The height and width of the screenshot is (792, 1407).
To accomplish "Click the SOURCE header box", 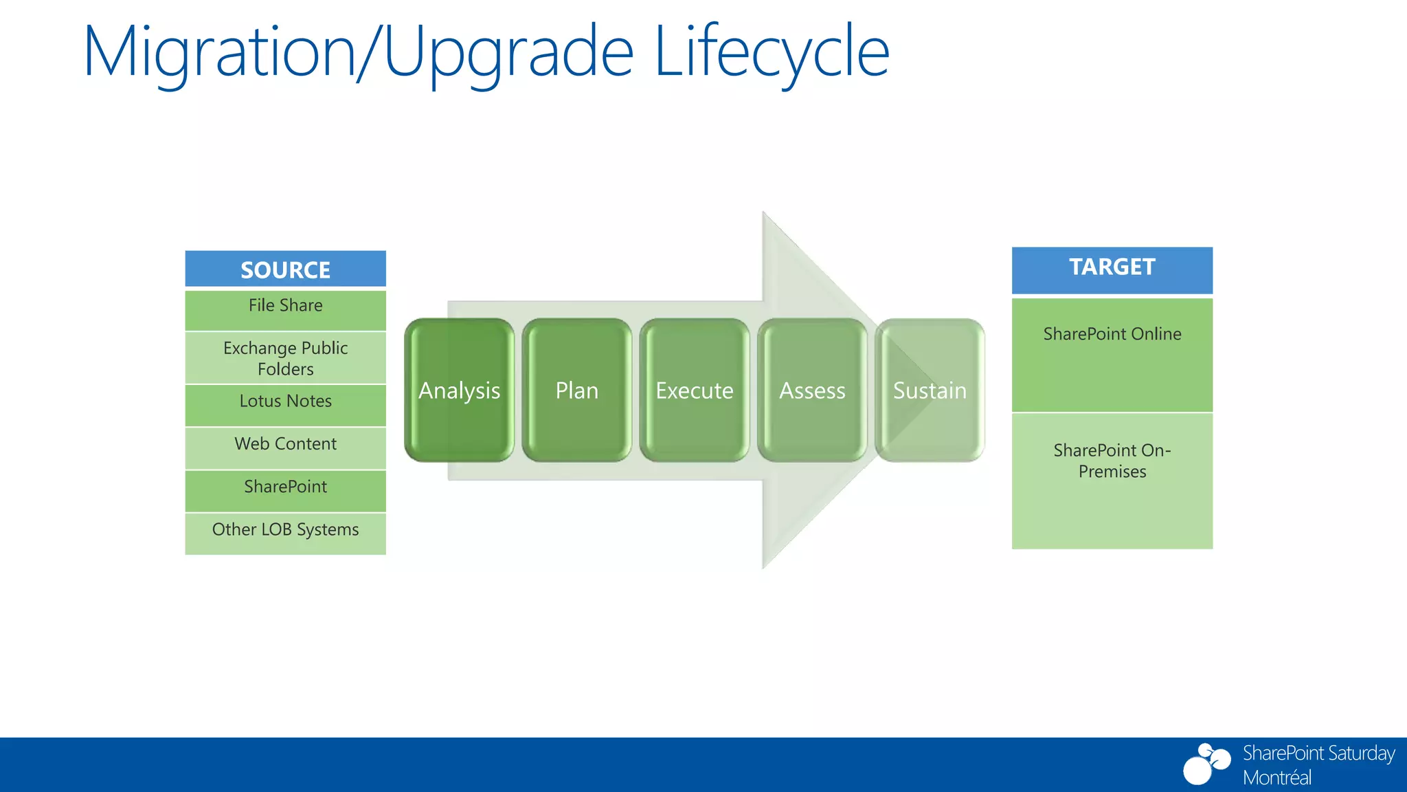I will pyautogui.click(x=285, y=269).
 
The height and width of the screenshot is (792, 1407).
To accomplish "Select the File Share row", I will pyautogui.click(x=285, y=309).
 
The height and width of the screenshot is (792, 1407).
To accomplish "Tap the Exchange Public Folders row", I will pyautogui.click(x=285, y=357).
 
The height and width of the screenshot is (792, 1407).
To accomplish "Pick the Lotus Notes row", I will pyautogui.click(x=285, y=404).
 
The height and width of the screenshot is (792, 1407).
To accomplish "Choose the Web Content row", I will pyautogui.click(x=285, y=448).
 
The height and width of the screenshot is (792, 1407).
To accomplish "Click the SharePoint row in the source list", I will pyautogui.click(x=285, y=490).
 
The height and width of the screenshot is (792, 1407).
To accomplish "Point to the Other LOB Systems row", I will pyautogui.click(x=285, y=533).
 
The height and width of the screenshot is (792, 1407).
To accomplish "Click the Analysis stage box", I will pyautogui.click(x=459, y=390).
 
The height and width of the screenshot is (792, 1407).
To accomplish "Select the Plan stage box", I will pyautogui.click(x=576, y=390).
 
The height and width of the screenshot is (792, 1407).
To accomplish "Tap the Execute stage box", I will pyautogui.click(x=694, y=390).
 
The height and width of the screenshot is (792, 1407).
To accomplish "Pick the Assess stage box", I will pyautogui.click(x=812, y=390).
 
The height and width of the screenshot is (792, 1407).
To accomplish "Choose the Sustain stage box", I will pyautogui.click(x=930, y=390).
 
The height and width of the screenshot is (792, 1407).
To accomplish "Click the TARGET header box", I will pyautogui.click(x=1112, y=269).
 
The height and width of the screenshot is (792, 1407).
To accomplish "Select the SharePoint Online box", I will pyautogui.click(x=1112, y=354).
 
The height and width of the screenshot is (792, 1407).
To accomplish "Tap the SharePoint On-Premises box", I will pyautogui.click(x=1112, y=480).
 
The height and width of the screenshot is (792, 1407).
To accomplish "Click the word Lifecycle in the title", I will pyautogui.click(x=771, y=52).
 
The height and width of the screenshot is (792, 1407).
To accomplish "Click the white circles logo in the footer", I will pyautogui.click(x=1206, y=764).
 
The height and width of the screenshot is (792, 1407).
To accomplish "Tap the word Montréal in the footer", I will pyautogui.click(x=1276, y=778).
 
